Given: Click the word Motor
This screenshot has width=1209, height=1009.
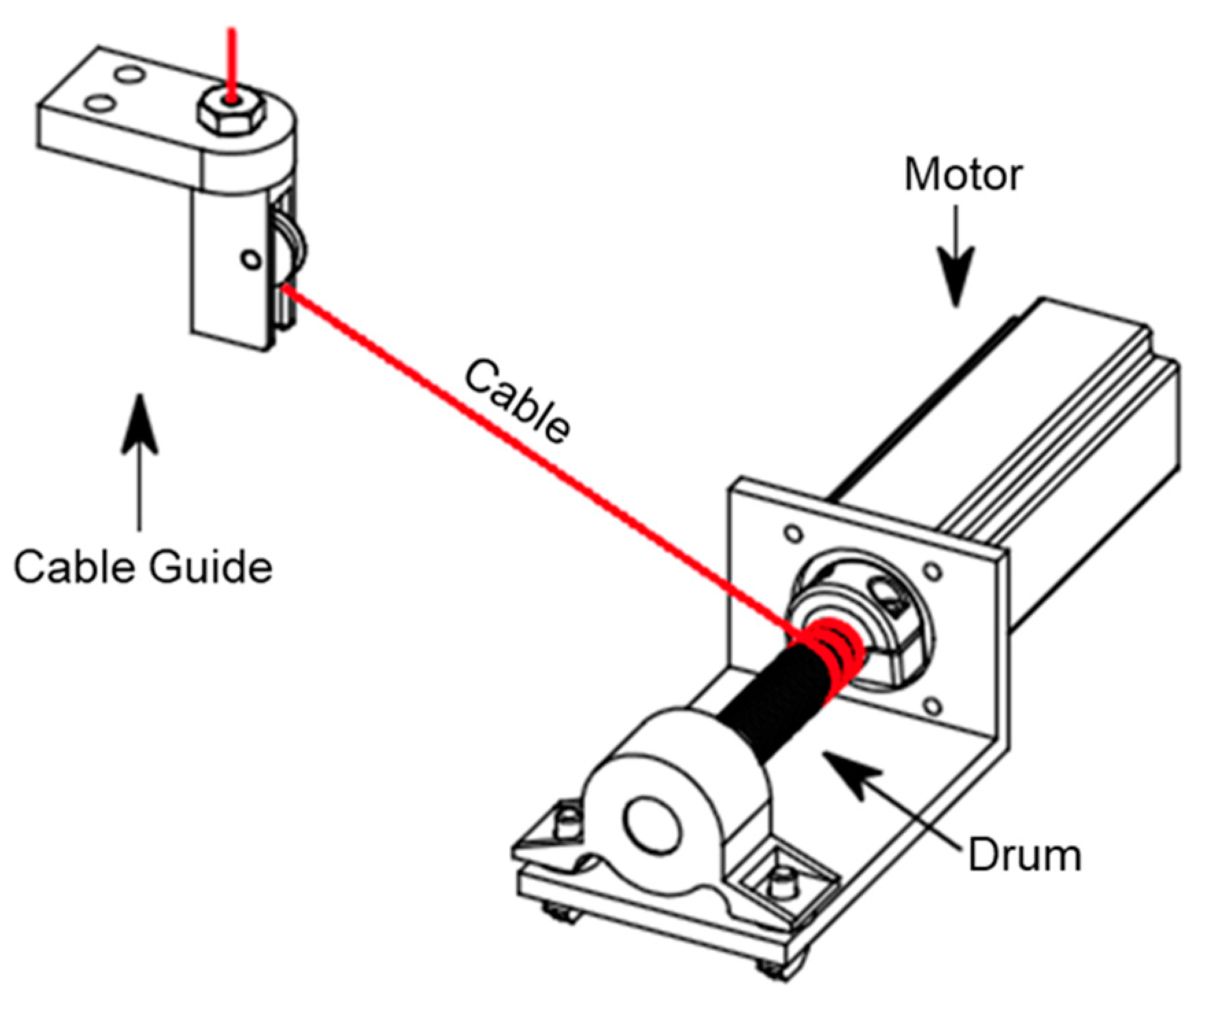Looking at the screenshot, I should point(963,175).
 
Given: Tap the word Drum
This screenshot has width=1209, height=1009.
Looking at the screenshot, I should point(1024,855).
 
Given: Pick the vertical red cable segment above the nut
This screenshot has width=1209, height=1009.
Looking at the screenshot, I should point(232,62).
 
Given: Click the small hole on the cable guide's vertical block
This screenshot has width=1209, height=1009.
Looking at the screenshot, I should point(251,260).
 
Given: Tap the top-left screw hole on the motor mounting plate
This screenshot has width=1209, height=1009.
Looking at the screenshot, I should point(793,533).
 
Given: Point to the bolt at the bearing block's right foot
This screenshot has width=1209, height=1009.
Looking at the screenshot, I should point(781,884).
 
